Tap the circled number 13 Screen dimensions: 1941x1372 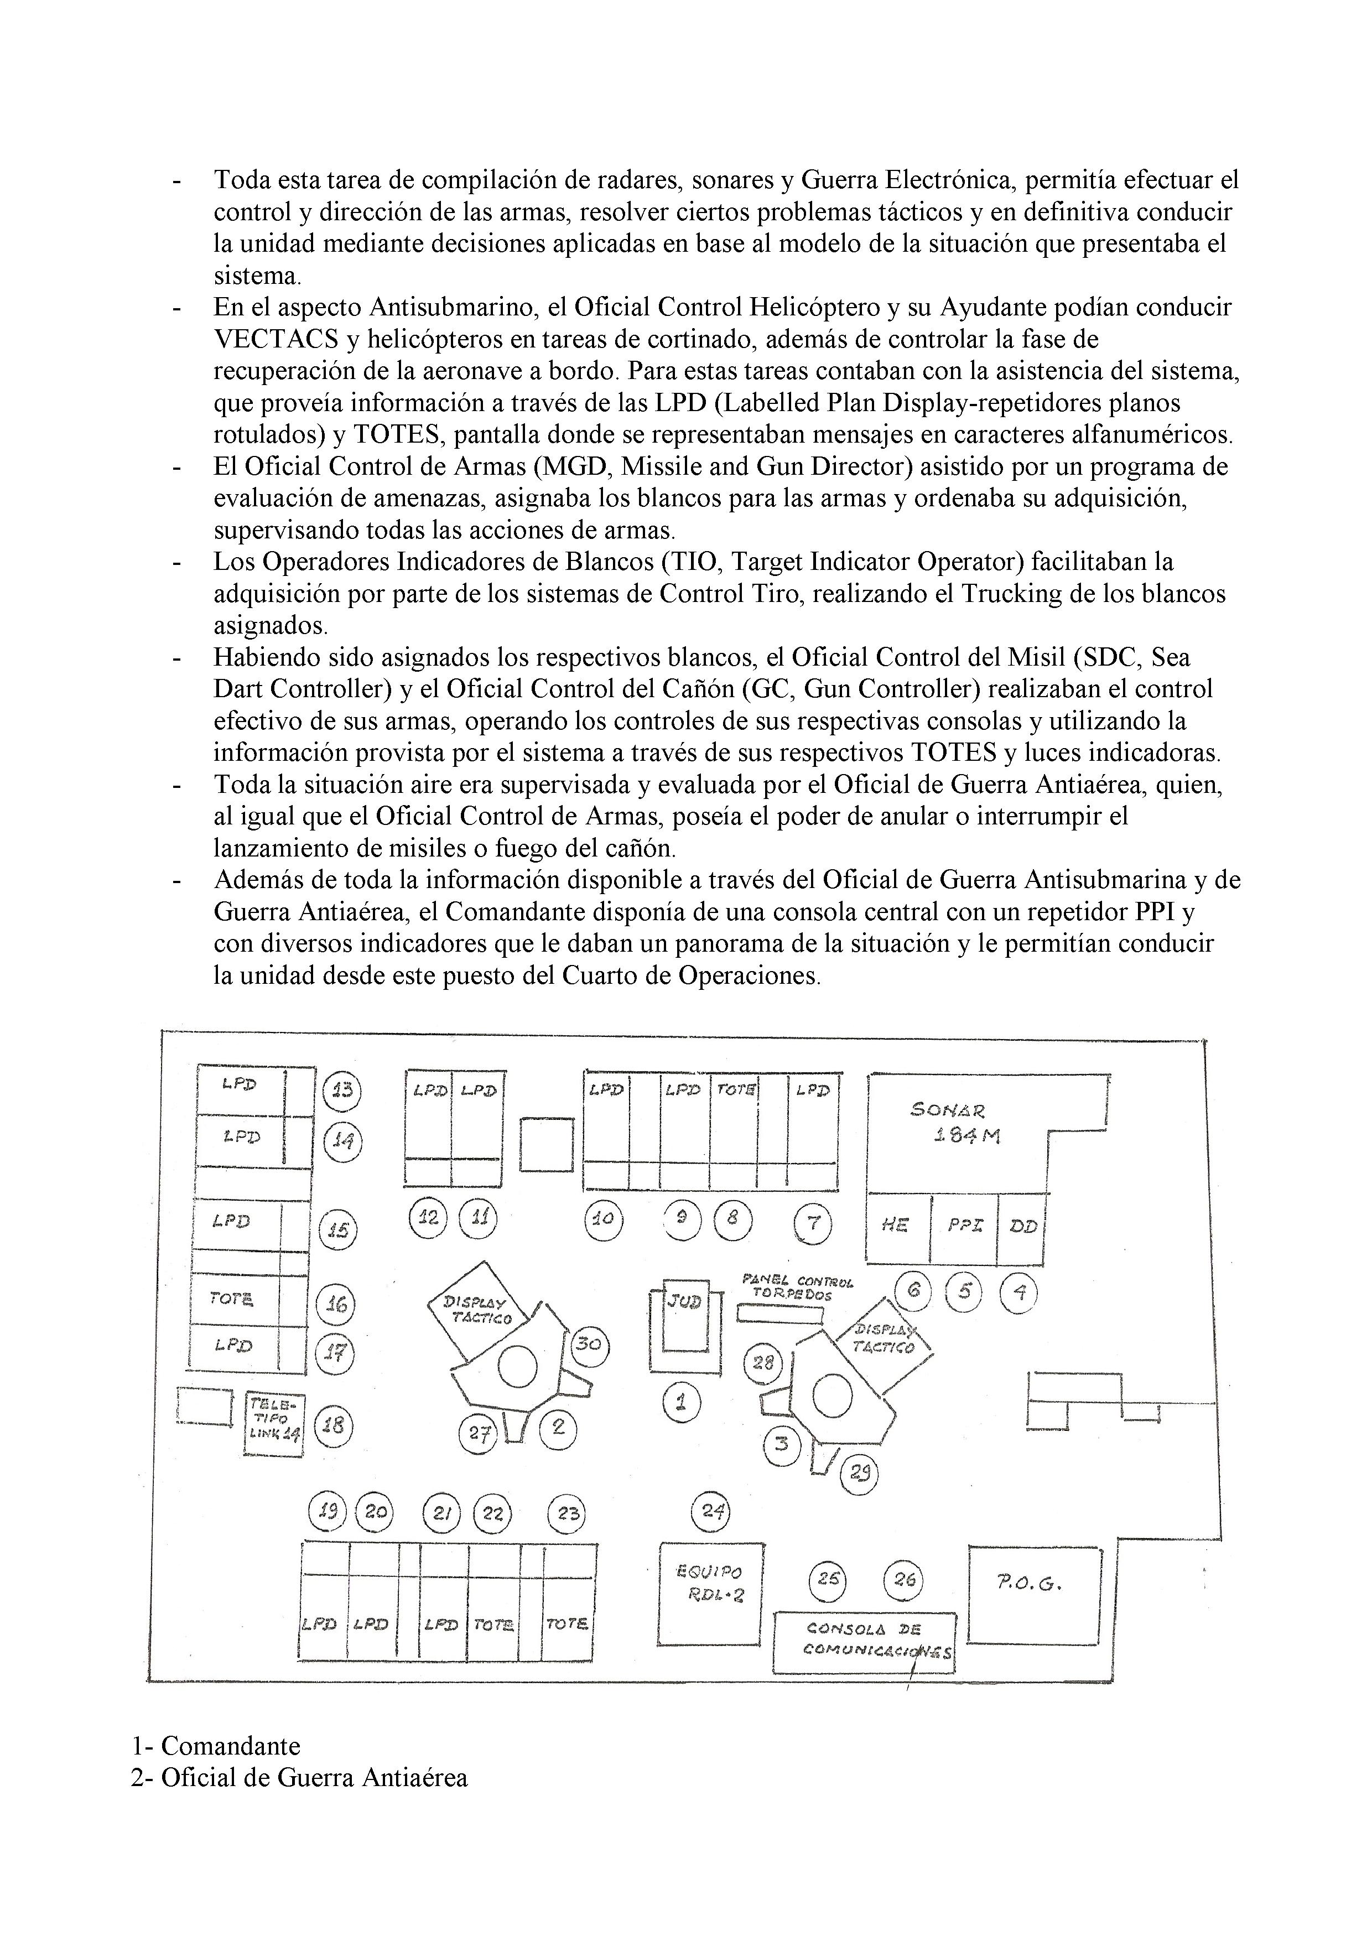[x=342, y=1091]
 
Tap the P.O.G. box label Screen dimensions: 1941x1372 [x=1035, y=1585]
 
